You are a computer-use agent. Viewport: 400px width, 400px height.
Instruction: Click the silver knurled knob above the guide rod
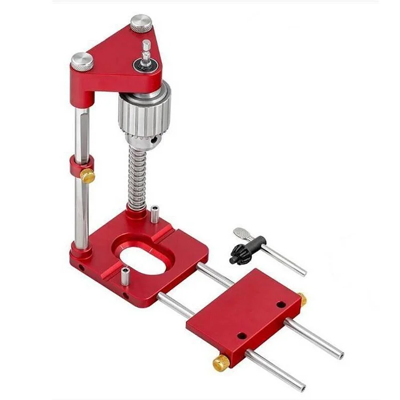pos(82,62)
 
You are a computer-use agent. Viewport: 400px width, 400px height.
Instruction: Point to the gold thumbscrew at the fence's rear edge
pos(301,299)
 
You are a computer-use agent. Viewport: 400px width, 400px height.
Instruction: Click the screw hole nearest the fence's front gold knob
pos(241,337)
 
